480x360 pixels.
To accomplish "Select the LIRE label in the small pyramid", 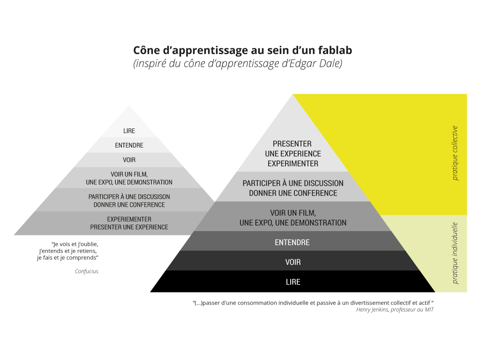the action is [x=129, y=131].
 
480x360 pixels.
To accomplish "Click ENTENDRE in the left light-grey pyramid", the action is [x=129, y=145].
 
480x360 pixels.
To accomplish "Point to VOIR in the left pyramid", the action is [x=129, y=160].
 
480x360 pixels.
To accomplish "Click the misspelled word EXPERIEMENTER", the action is [x=129, y=219].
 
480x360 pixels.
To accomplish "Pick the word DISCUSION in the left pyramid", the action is [x=156, y=196].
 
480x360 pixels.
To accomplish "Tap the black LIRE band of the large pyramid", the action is [x=293, y=282].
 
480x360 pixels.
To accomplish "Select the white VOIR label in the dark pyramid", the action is [x=293, y=262].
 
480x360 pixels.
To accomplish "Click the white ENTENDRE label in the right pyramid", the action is [x=292, y=242].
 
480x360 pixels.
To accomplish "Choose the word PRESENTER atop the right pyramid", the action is [x=292, y=143].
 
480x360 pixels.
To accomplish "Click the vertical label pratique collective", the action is [x=455, y=153].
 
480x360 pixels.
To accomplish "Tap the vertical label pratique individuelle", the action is [x=455, y=253].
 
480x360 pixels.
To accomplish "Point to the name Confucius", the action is [x=87, y=271].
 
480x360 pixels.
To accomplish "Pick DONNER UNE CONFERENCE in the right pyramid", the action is [x=293, y=193].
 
